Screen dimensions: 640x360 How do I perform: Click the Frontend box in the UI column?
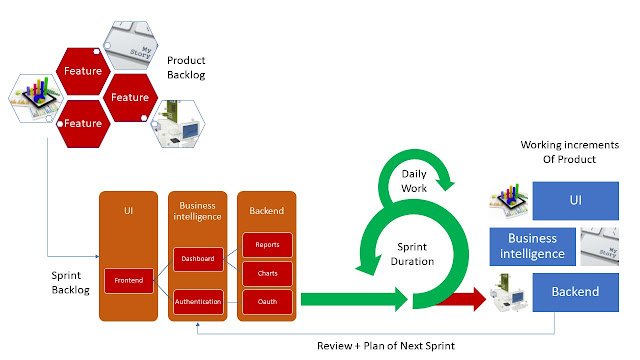click(x=129, y=280)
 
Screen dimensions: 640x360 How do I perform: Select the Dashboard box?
click(x=198, y=259)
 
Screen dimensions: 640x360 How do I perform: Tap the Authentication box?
click(x=198, y=302)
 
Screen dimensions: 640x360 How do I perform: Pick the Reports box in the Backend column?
click(x=267, y=245)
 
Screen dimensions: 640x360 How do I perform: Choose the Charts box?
click(x=267, y=273)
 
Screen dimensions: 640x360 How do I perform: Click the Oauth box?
click(x=267, y=302)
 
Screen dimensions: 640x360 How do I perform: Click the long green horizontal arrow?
click(x=354, y=299)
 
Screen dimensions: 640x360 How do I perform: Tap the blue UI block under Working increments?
click(x=576, y=200)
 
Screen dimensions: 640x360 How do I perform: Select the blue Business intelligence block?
click(x=532, y=247)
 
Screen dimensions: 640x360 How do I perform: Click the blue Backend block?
click(x=576, y=292)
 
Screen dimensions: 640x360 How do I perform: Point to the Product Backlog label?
click(x=186, y=68)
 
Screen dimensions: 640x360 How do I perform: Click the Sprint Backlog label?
click(x=70, y=282)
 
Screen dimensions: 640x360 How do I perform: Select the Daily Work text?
click(x=414, y=181)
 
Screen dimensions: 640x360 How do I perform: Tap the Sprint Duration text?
click(x=412, y=254)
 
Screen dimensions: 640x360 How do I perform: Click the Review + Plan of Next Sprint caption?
click(x=386, y=346)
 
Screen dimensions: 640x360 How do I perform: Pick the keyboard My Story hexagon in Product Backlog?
click(x=131, y=45)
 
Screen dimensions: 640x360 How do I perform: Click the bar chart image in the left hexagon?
click(x=36, y=98)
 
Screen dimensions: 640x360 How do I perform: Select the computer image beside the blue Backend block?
click(x=509, y=293)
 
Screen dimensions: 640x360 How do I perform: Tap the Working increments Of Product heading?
click(x=569, y=152)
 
